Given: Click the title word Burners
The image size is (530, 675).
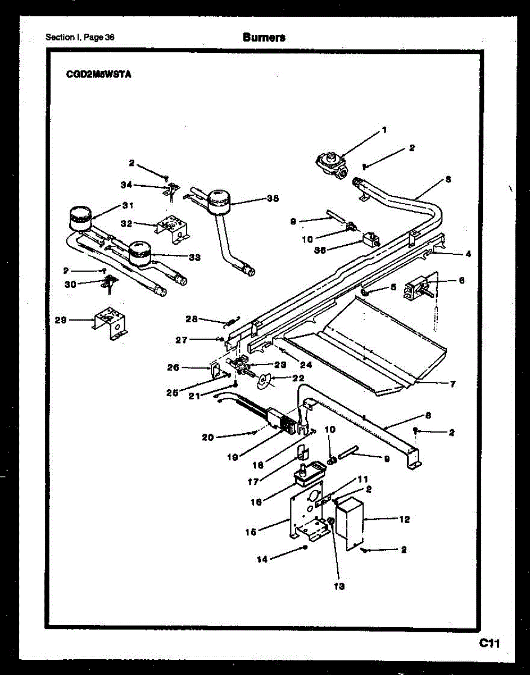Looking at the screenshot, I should [264, 38].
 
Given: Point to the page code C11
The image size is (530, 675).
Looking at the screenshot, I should [490, 643].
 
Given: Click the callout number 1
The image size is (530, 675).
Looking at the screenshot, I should [384, 130].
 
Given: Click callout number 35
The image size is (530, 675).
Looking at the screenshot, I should [273, 199].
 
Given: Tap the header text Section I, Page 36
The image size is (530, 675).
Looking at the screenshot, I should [80, 38].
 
